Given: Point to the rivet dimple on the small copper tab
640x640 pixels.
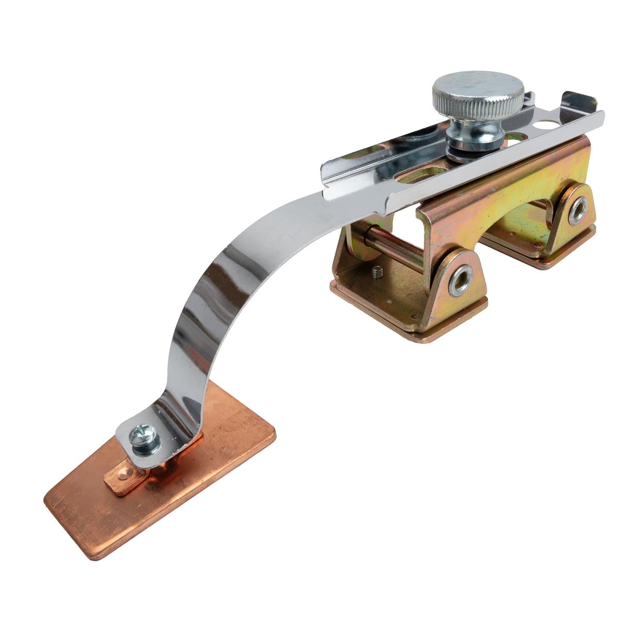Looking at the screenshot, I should [x=123, y=473].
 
